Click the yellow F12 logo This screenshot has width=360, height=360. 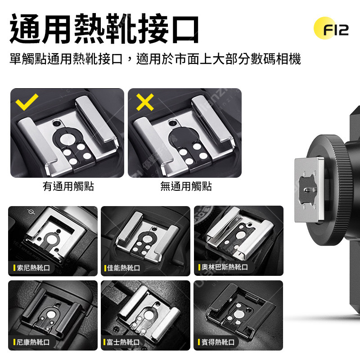point(331,28)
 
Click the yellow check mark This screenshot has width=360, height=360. point(27,102)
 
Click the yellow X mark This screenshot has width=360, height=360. point(145,102)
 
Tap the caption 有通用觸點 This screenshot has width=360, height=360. point(68,186)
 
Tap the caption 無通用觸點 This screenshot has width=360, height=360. point(186,186)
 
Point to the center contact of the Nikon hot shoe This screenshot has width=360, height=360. point(52,314)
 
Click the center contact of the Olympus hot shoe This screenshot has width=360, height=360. point(240,235)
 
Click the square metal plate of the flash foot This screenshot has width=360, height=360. point(309,189)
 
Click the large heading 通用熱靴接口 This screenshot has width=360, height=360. point(104,29)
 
